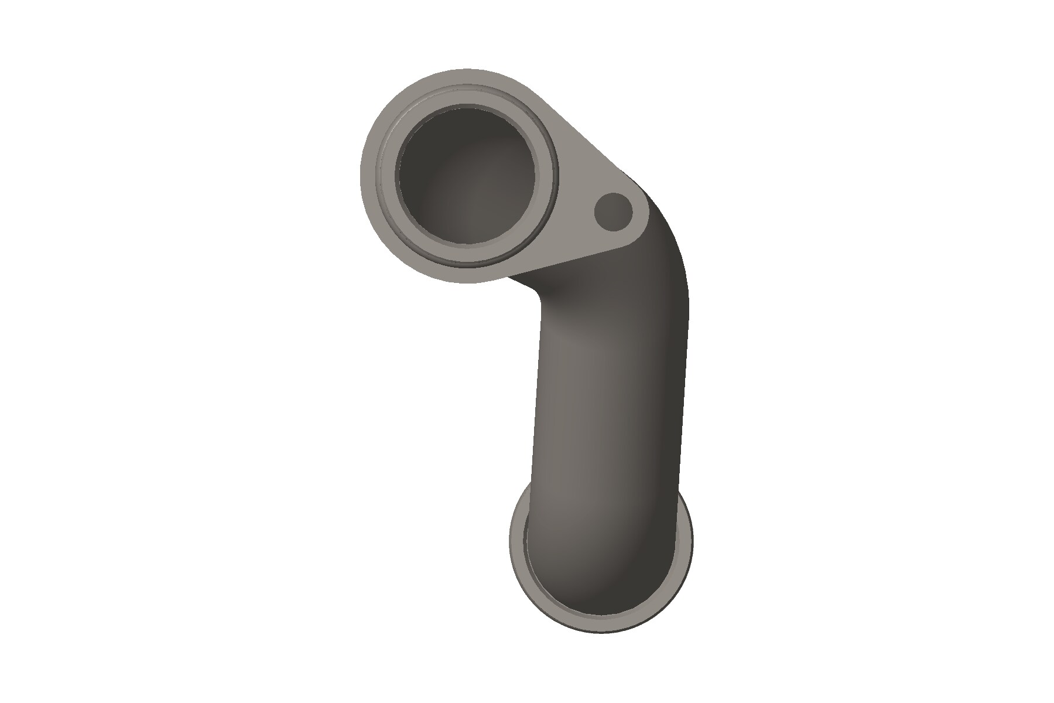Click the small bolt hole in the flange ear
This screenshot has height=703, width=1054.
[613, 211]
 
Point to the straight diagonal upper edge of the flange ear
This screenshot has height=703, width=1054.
[580, 135]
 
